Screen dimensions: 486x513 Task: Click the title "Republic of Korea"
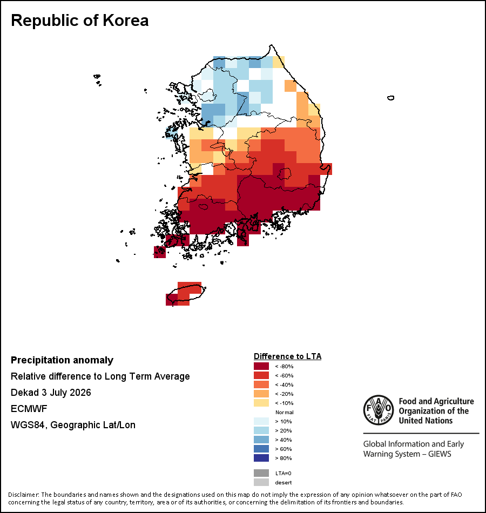pyautogui.click(x=80, y=21)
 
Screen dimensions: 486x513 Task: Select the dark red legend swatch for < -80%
pyautogui.click(x=261, y=366)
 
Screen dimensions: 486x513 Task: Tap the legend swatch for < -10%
pyautogui.click(x=261, y=403)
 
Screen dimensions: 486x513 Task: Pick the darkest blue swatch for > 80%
pyautogui.click(x=261, y=458)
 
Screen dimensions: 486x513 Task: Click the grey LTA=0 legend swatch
pyautogui.click(x=261, y=473)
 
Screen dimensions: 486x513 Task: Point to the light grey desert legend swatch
pyautogui.click(x=261, y=482)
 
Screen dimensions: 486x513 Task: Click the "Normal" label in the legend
pyautogui.click(x=285, y=412)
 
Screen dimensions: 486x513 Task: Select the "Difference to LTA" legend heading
pyautogui.click(x=287, y=356)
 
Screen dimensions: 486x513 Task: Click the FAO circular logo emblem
pyautogui.click(x=379, y=410)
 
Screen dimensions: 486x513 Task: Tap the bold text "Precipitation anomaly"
pyautogui.click(x=62, y=360)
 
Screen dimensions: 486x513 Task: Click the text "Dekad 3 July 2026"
pyautogui.click(x=51, y=393)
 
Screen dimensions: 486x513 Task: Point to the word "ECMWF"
pyautogui.click(x=29, y=409)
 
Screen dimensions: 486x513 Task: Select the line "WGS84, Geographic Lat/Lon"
pyautogui.click(x=73, y=425)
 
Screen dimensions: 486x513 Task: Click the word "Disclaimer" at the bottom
pyautogui.click(x=23, y=495)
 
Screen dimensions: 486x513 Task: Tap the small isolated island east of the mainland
pyautogui.click(x=390, y=98)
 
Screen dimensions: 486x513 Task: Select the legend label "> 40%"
pyautogui.click(x=283, y=440)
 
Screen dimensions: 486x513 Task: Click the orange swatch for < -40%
pyautogui.click(x=261, y=384)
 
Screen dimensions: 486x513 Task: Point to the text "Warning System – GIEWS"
pyautogui.click(x=407, y=454)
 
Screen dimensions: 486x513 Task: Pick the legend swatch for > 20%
pyautogui.click(x=261, y=430)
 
